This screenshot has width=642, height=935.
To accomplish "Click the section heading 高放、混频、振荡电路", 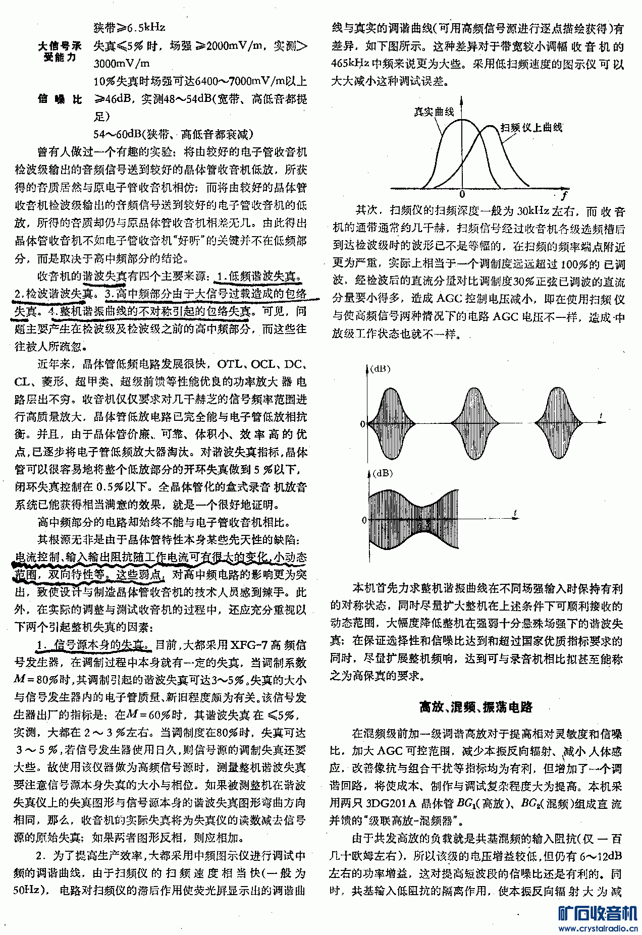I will click(x=476, y=707).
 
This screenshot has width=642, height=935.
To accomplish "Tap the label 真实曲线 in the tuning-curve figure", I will click(x=434, y=112).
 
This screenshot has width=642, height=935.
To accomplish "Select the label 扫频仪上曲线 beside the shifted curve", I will click(x=531, y=128).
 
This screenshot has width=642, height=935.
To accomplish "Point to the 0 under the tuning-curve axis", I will click(x=462, y=195).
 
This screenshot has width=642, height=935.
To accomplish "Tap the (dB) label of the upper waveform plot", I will click(x=380, y=369).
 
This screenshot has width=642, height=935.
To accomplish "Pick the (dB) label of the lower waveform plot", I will click(x=380, y=473).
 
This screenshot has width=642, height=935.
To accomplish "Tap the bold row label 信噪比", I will click(x=60, y=99).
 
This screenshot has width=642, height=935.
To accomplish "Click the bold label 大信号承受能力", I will click(x=60, y=51).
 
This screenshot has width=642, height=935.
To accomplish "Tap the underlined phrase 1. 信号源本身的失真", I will click(x=94, y=645).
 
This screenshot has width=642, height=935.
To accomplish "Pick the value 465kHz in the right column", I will click(x=350, y=64).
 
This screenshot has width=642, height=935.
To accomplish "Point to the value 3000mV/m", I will click(x=122, y=64).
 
